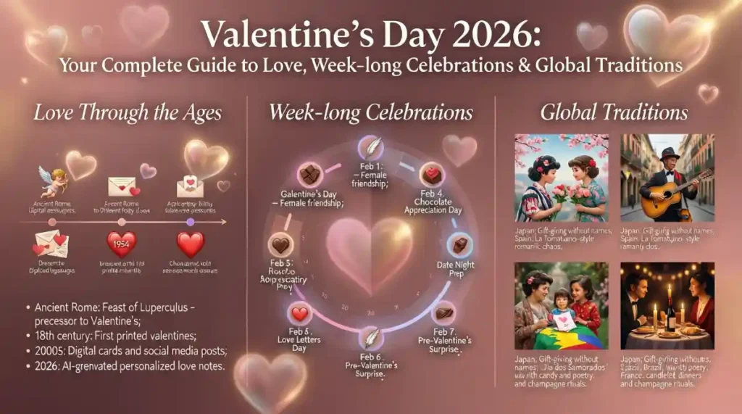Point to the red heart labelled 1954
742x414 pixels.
point(121,243)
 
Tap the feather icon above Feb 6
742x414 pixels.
point(371,338)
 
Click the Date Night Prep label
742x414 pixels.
point(456,270)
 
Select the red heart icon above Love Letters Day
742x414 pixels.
point(299,314)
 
